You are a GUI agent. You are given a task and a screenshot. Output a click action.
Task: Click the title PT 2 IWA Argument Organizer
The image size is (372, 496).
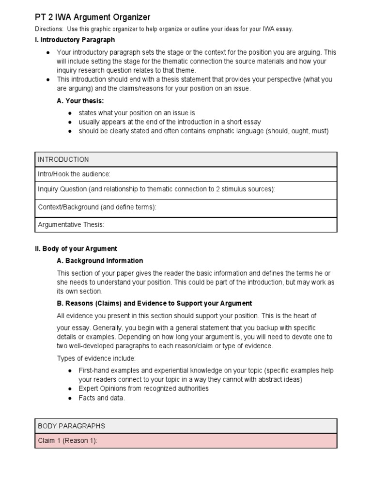pos(93,17)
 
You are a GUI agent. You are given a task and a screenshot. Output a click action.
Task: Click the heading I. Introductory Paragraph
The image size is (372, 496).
pos(75,40)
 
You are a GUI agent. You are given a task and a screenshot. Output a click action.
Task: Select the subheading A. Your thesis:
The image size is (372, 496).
pos(80,101)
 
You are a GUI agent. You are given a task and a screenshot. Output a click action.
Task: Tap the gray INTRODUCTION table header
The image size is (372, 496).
pos(186,159)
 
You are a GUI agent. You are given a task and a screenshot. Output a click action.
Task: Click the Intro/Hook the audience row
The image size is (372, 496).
pos(186,174)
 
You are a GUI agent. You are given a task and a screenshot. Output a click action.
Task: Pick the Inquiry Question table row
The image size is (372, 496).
pos(186,189)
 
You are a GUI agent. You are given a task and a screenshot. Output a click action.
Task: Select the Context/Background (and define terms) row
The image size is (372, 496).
pos(186,207)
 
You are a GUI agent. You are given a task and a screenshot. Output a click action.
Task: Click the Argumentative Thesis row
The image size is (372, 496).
pos(186,225)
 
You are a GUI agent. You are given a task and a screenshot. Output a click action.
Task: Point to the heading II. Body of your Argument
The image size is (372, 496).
pos(76,248)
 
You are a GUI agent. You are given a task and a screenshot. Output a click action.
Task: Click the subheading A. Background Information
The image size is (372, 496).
pos(100,261)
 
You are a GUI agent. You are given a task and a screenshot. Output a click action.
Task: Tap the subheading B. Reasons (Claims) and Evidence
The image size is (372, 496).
pos(155,303)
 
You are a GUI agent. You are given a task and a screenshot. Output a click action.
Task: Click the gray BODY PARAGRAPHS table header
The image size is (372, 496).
pos(186,426)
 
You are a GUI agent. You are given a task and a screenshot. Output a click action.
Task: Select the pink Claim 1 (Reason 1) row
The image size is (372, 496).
pos(186,441)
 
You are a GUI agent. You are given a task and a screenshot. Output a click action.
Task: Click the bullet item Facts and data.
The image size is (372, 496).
pos(102,398)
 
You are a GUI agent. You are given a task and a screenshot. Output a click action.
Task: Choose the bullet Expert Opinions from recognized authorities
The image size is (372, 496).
pos(143,388)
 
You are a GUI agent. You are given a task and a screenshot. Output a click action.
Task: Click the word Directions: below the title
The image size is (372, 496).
pos(49,29)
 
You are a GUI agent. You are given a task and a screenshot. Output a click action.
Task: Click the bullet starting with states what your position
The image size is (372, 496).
pos(137,113)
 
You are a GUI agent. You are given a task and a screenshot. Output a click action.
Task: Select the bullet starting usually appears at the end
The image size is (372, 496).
pos(170,122)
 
